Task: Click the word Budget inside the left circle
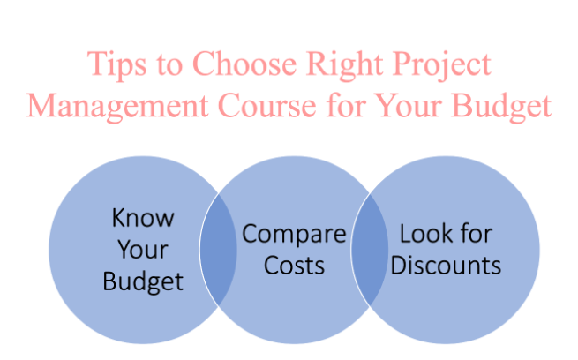143,281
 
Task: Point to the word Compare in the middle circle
295,235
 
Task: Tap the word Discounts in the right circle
446,266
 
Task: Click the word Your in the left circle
143,249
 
